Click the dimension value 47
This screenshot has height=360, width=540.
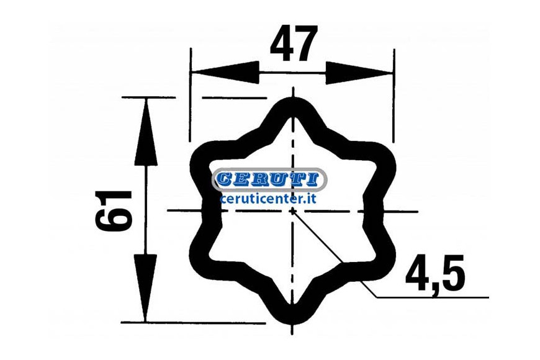(293, 43)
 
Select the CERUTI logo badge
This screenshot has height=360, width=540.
(269, 179)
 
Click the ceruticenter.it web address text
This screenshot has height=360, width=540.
(268, 199)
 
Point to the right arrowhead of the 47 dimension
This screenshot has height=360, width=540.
(359, 73)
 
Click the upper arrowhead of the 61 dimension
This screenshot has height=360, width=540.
(146, 132)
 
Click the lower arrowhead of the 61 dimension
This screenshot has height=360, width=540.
(145, 288)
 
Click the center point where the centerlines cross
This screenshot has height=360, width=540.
(293, 211)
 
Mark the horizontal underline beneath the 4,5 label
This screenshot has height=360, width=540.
(433, 297)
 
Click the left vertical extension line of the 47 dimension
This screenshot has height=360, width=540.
(190, 95)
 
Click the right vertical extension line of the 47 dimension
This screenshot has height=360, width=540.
(394, 96)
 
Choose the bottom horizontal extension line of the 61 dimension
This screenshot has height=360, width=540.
(193, 323)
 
